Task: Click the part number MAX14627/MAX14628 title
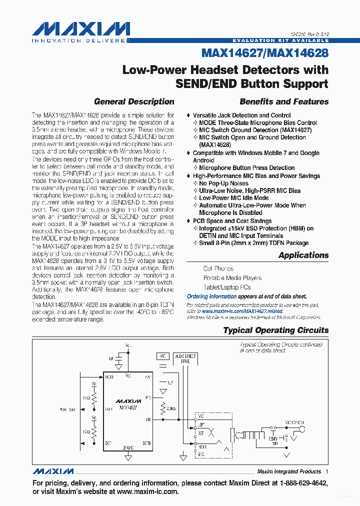point(265,52)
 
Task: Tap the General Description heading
point(134,101)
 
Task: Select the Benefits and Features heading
point(284,101)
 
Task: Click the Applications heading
point(303,255)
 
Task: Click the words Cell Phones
point(218,268)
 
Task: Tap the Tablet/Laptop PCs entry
point(226,287)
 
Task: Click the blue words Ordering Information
point(211,296)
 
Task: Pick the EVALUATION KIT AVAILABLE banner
point(280,40)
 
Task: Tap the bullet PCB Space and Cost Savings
point(232,221)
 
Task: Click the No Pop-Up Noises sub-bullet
point(223,183)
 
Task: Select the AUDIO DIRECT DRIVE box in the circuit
point(185,358)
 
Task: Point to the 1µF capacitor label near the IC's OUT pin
point(170,382)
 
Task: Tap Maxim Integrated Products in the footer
point(288,471)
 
